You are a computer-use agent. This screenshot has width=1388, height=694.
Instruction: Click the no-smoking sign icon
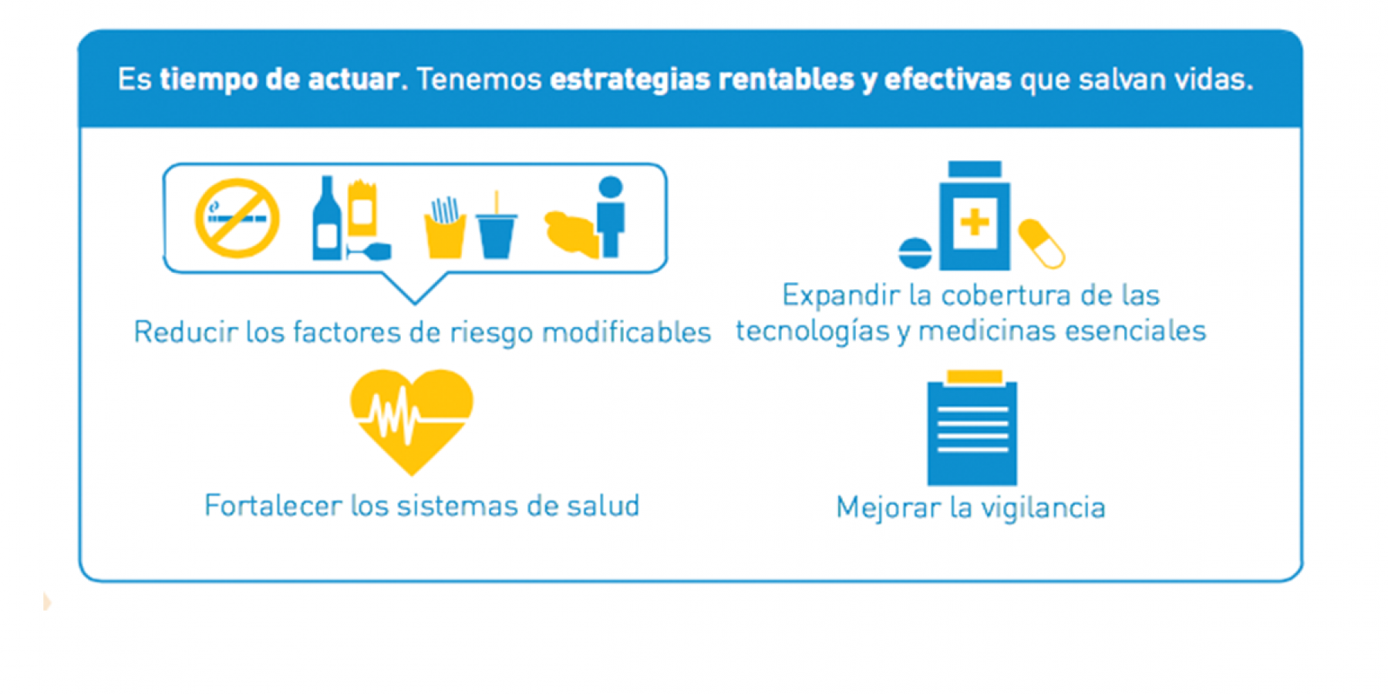(237, 218)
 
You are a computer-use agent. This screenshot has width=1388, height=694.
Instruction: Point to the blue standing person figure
(611, 217)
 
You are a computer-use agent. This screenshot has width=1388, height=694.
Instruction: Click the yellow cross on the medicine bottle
(975, 223)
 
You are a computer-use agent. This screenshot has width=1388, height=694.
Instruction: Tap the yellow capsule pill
(1042, 244)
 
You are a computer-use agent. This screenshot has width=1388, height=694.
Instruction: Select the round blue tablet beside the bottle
(915, 253)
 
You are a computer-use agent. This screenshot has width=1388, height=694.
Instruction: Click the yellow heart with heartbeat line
(411, 421)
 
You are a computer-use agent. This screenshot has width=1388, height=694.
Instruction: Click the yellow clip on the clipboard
(975, 377)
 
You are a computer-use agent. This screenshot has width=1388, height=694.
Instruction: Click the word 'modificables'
(626, 332)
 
